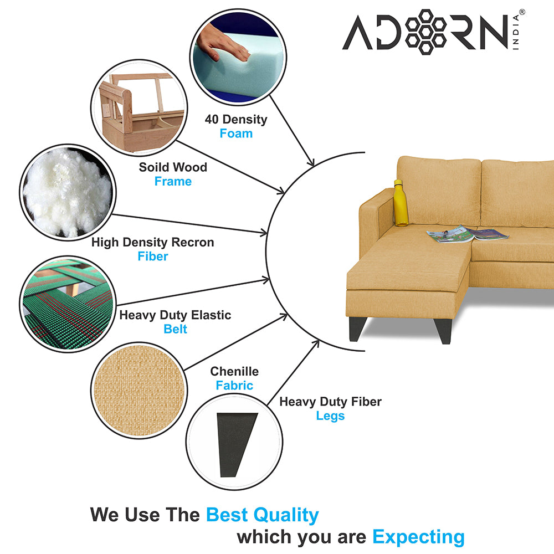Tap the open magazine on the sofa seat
(468, 234)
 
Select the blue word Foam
(236, 134)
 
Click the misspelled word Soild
(153, 167)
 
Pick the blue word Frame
(173, 181)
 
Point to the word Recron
(193, 243)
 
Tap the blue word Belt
(175, 329)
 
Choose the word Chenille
(234, 371)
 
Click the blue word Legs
(330, 416)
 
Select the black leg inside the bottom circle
(236, 444)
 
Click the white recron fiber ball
(67, 193)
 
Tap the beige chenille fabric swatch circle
(139, 391)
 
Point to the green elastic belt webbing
(68, 304)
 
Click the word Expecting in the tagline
(418, 537)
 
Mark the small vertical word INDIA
(516, 32)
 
